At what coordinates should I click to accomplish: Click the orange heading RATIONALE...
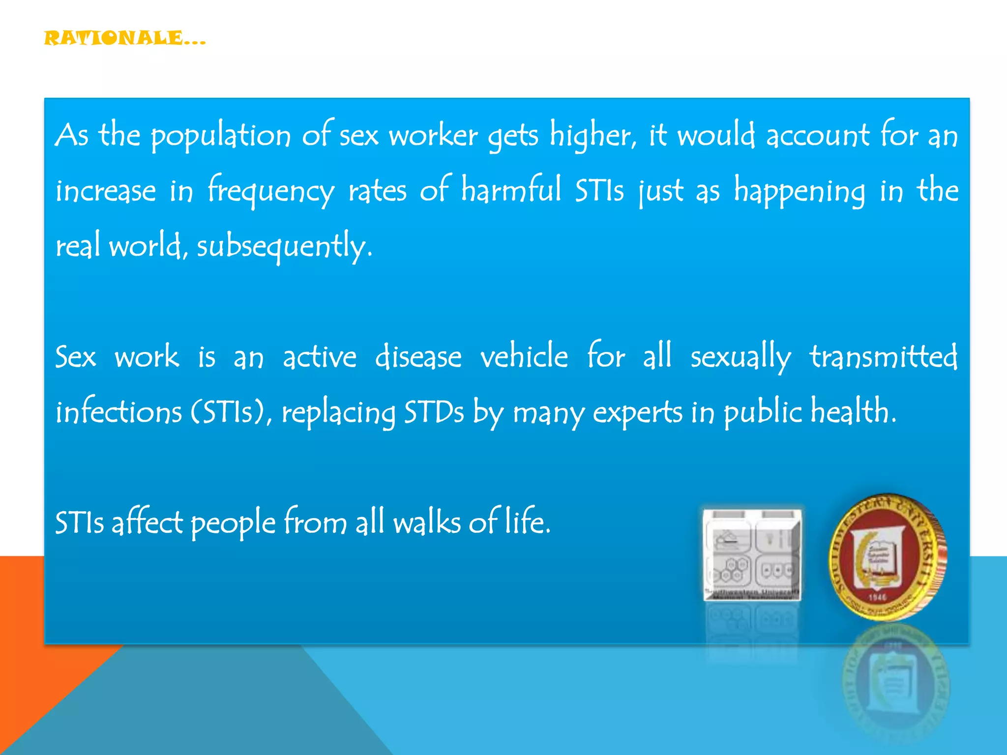point(124,38)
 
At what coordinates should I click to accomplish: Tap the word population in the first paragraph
point(220,136)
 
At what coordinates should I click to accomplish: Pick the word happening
point(799,191)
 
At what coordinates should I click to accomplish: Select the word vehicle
point(524,356)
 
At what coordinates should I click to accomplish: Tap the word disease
point(418,356)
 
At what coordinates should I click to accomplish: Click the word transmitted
point(883,356)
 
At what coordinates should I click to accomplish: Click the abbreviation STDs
point(433,412)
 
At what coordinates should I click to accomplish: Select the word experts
point(637,413)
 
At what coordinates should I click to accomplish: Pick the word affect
point(148,522)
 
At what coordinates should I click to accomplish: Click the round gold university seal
point(888,557)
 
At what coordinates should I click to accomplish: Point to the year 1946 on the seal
point(877,597)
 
